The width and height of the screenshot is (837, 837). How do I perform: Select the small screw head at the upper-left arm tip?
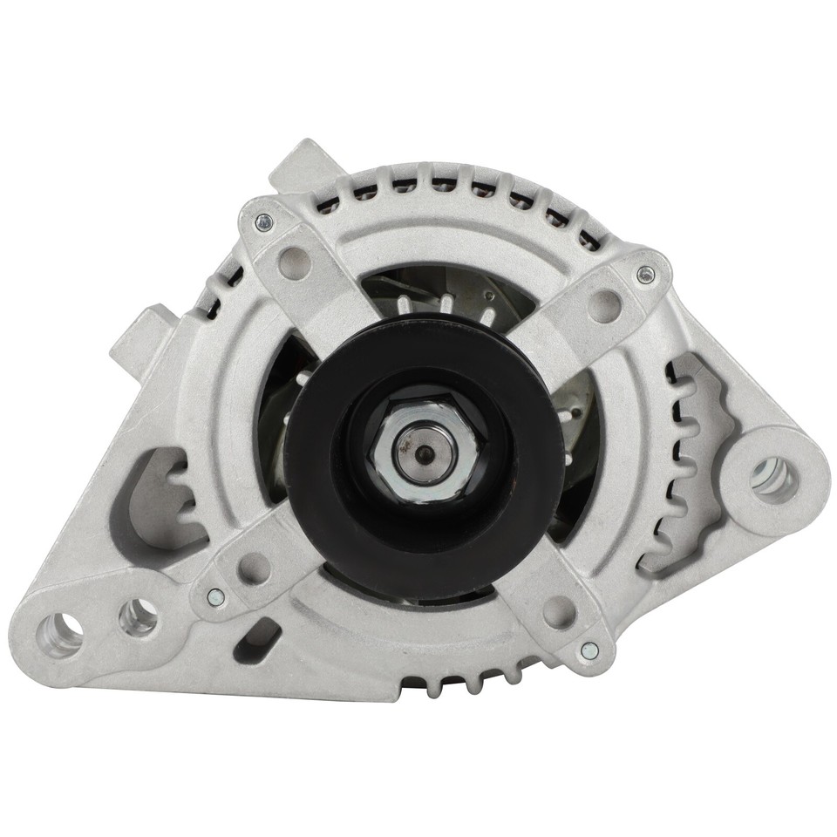click(x=262, y=222)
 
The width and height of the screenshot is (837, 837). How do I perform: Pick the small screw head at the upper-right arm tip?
click(x=645, y=276)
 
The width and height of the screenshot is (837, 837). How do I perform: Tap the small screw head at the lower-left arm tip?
click(x=215, y=597)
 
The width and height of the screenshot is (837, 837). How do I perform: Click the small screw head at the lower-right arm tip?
click(x=589, y=650)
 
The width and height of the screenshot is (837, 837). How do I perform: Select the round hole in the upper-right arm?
click(x=603, y=305)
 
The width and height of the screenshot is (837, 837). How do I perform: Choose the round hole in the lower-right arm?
click(x=559, y=612)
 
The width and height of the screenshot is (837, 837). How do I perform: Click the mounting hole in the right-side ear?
click(x=772, y=477)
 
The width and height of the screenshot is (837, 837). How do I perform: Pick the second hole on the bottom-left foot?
click(x=139, y=618)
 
